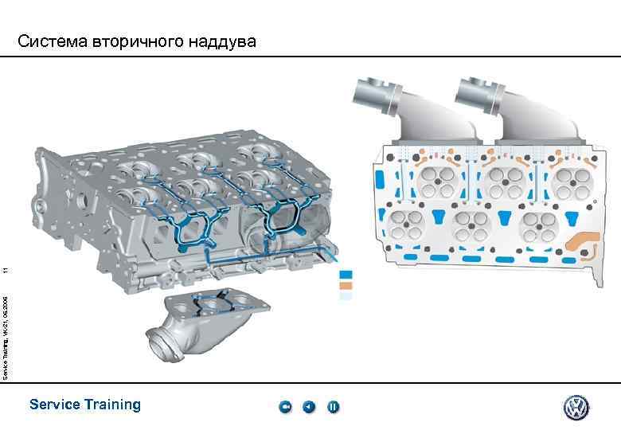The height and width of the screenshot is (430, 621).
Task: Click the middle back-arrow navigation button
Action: tap(309, 408)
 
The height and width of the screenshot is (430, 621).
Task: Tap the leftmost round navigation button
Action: tap(286, 408)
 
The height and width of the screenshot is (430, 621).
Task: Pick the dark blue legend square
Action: tap(345, 275)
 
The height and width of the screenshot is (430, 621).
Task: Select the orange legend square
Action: tap(345, 285)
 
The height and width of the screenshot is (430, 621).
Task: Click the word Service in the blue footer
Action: tap(54, 405)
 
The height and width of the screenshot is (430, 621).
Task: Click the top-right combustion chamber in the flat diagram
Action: tap(572, 182)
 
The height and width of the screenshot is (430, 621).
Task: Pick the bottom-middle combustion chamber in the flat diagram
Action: tap(471, 226)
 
